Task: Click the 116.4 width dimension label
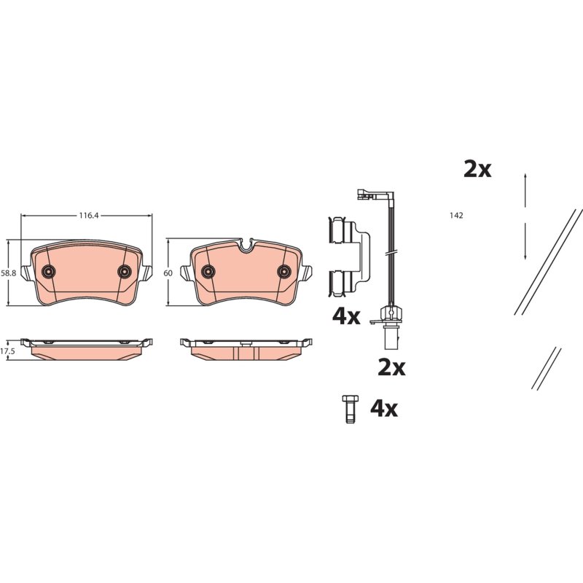coord(88,215)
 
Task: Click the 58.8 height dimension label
coord(9,273)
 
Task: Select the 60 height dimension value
coord(168,273)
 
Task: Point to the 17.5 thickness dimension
coord(7,351)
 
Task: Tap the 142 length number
coord(456,216)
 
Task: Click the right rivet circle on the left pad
coord(124,271)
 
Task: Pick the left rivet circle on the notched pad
coord(208,271)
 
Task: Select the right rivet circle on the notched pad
coord(284,271)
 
